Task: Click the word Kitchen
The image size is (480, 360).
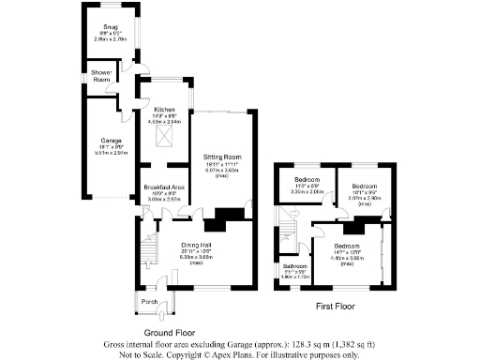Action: (164, 110)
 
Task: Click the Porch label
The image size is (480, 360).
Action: (148, 302)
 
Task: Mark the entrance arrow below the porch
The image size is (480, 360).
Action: (161, 319)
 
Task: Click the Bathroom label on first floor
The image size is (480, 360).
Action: (295, 265)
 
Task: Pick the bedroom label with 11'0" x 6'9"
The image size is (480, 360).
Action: (307, 179)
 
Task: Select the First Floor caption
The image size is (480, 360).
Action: (337, 306)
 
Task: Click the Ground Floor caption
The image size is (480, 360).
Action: (170, 333)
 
